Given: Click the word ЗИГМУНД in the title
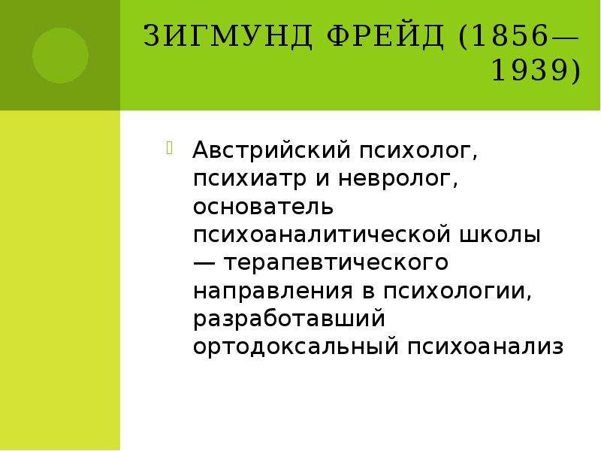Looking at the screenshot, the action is pos(228,36).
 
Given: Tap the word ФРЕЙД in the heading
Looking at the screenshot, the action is pos(386,36).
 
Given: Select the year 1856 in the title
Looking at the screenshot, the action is pos(510,36).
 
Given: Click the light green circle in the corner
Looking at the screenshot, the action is pos(60,55).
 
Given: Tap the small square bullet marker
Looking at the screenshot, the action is pos(170,148).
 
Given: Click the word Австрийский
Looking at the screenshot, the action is pos(272,150).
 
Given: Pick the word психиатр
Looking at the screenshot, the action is pos(249,179).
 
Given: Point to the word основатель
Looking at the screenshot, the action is pos(264,207).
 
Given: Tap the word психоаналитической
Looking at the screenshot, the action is pos(322,235).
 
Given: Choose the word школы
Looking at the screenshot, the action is pos(500,235).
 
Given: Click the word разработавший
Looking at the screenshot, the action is pos(289,319).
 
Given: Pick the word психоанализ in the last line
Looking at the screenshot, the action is pos(485,347).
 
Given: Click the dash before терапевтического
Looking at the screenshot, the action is pos(204,263).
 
